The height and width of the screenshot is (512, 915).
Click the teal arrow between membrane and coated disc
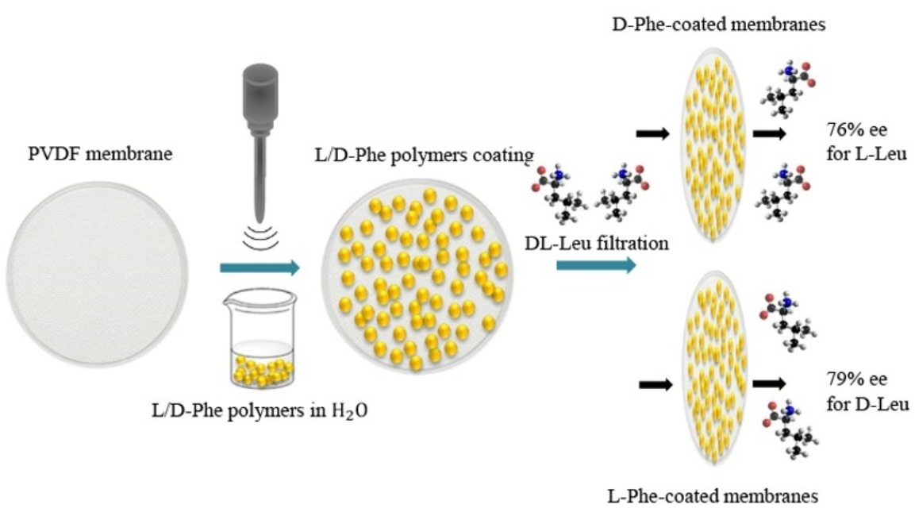pos(260,268)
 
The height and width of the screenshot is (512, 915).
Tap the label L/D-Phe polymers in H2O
pos(259,413)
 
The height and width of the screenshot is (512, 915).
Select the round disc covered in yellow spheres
pos(421,274)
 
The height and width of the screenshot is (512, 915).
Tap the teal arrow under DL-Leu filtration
pos(596,264)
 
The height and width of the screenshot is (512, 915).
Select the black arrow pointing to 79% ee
pos(769,383)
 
